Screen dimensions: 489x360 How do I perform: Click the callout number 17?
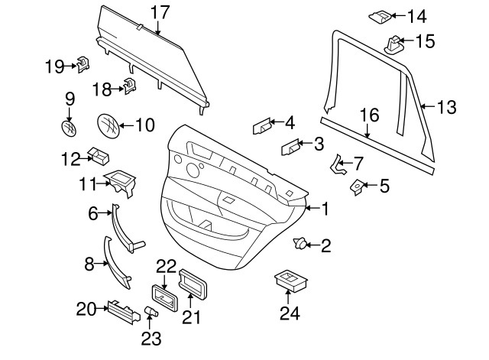point(160,12)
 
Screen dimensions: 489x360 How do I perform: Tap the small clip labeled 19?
point(83,64)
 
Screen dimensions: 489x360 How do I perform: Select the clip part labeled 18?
point(130,86)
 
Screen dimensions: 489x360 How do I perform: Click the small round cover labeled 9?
point(69,128)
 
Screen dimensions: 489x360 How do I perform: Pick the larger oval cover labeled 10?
point(108,125)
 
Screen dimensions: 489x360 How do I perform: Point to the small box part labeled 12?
point(99,156)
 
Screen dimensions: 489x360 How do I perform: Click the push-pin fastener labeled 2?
point(300,243)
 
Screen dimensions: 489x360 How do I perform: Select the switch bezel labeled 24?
point(290,281)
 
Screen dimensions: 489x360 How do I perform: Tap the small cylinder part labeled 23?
point(151,311)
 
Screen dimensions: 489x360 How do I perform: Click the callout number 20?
point(86,309)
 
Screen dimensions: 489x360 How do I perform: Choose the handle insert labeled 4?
point(262,126)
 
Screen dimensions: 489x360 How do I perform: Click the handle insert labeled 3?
point(290,147)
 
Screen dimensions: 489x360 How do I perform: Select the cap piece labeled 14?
point(381,17)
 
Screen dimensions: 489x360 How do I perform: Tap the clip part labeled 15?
point(393,44)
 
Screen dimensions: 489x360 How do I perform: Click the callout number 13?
point(447,107)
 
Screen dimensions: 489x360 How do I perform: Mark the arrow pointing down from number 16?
point(368,131)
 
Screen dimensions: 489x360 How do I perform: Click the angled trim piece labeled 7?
point(337,164)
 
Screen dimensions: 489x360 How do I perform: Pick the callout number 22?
point(166,266)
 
